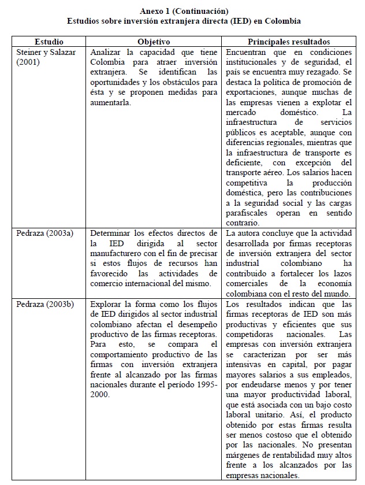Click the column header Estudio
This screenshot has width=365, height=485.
(x=49, y=42)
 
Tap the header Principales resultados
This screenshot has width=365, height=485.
(x=289, y=42)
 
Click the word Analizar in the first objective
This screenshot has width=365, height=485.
(x=107, y=51)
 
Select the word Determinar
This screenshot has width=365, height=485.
(x=111, y=233)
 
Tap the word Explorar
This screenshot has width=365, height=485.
(x=108, y=303)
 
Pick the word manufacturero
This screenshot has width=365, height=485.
(x=118, y=253)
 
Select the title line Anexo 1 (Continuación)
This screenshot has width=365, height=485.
(x=184, y=12)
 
